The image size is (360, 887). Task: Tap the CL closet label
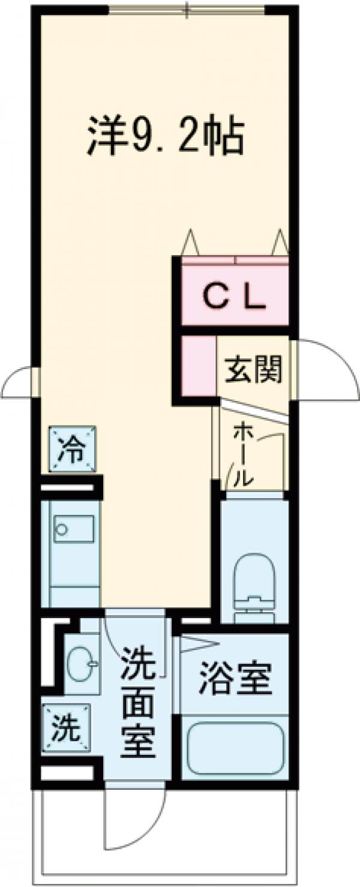pyautogui.click(x=235, y=298)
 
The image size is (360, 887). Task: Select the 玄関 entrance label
pyautogui.click(x=253, y=370)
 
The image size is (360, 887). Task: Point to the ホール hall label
pyautogui.click(x=242, y=454)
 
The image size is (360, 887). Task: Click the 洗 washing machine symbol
pyautogui.click(x=65, y=728)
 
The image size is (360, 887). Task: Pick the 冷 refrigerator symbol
pyautogui.click(x=71, y=450)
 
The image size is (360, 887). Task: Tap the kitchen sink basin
pyautogui.click(x=73, y=528)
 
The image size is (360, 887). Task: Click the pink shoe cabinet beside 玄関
pyautogui.click(x=199, y=366)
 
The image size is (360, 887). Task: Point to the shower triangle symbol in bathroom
pyautogui.click(x=196, y=645)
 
